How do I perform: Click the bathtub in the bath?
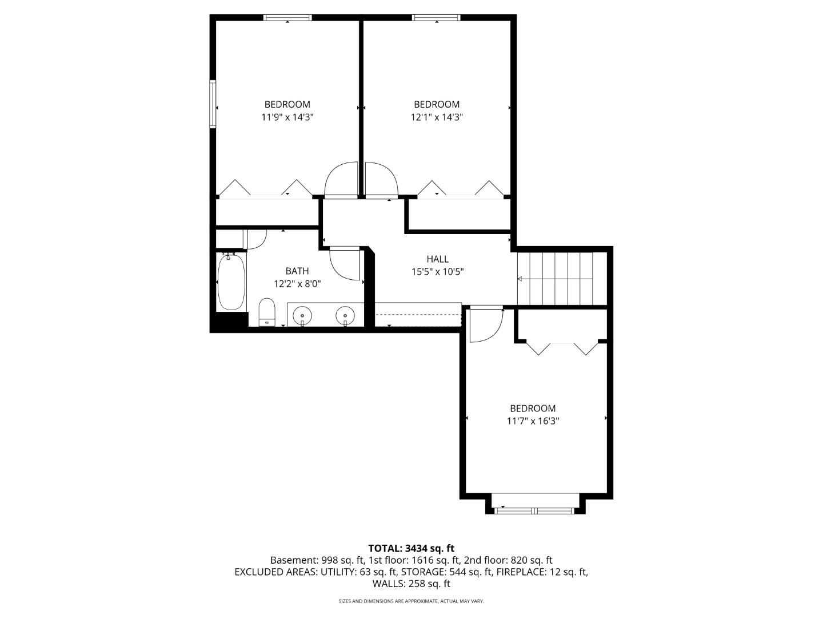[231, 282]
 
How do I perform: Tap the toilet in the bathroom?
[267, 312]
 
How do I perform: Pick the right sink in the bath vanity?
[345, 315]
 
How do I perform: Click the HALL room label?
[437, 259]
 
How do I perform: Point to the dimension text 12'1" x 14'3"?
[437, 117]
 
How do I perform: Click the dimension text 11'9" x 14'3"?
[287, 117]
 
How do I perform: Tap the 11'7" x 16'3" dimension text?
[533, 421]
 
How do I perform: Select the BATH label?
[297, 271]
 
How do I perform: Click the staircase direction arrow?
[521, 279]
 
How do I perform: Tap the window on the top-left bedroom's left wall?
[213, 104]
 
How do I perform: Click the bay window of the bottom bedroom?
[535, 510]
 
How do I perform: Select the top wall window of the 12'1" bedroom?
[436, 18]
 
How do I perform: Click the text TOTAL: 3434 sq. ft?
[411, 548]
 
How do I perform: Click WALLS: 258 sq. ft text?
[411, 584]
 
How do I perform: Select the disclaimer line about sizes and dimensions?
[411, 601]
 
